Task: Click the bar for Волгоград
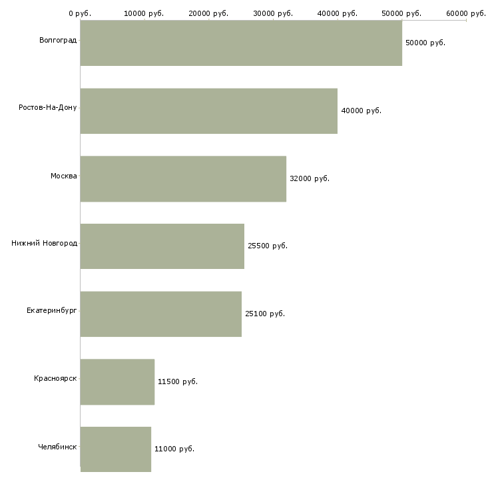tap(241, 43)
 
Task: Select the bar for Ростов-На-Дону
tap(209, 111)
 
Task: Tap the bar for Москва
tap(183, 178)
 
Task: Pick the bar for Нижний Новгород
tap(162, 246)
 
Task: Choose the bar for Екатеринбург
tap(161, 314)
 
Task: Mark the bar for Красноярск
tap(117, 381)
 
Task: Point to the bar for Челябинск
tap(116, 449)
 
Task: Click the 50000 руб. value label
tap(425, 43)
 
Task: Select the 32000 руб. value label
tap(310, 178)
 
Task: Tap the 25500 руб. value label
tap(268, 246)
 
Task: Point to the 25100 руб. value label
tap(265, 314)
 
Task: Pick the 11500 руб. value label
tap(178, 381)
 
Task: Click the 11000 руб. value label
tap(174, 449)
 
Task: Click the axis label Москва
tap(64, 176)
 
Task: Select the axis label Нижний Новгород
tap(44, 243)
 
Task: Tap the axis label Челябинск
tap(57, 446)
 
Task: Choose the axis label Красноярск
tap(55, 378)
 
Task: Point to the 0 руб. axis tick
tap(80, 13)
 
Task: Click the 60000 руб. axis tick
tap(466, 13)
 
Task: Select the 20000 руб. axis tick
tap(209, 13)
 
